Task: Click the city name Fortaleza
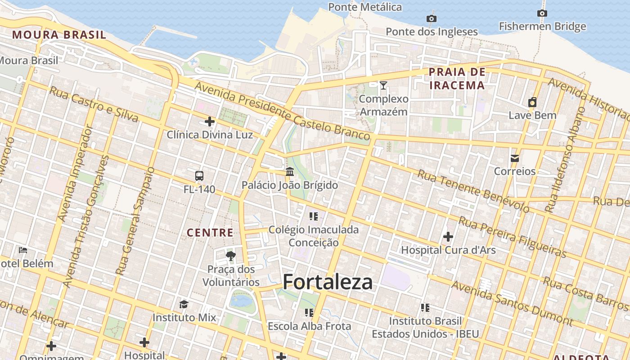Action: [328, 282]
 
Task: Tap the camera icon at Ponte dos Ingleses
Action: [432, 18]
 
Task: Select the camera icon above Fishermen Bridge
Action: [542, 13]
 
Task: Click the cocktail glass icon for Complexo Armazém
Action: [383, 85]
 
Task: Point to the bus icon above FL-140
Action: [199, 175]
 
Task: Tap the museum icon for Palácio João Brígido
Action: [290, 171]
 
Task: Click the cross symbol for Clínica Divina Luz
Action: [210, 121]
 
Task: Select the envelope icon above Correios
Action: [515, 158]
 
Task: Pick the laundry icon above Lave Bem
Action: [532, 102]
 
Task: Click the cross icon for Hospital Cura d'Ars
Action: [448, 236]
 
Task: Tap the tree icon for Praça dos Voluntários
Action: [231, 256]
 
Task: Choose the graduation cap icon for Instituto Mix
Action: [184, 304]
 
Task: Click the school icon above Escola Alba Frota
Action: [309, 312]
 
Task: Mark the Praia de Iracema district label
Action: [457, 79]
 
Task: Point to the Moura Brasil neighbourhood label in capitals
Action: [59, 35]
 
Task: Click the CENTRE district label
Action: [210, 233]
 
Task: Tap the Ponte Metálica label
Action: [365, 7]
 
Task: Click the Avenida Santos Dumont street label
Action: [512, 303]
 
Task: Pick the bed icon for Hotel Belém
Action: [23, 250]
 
